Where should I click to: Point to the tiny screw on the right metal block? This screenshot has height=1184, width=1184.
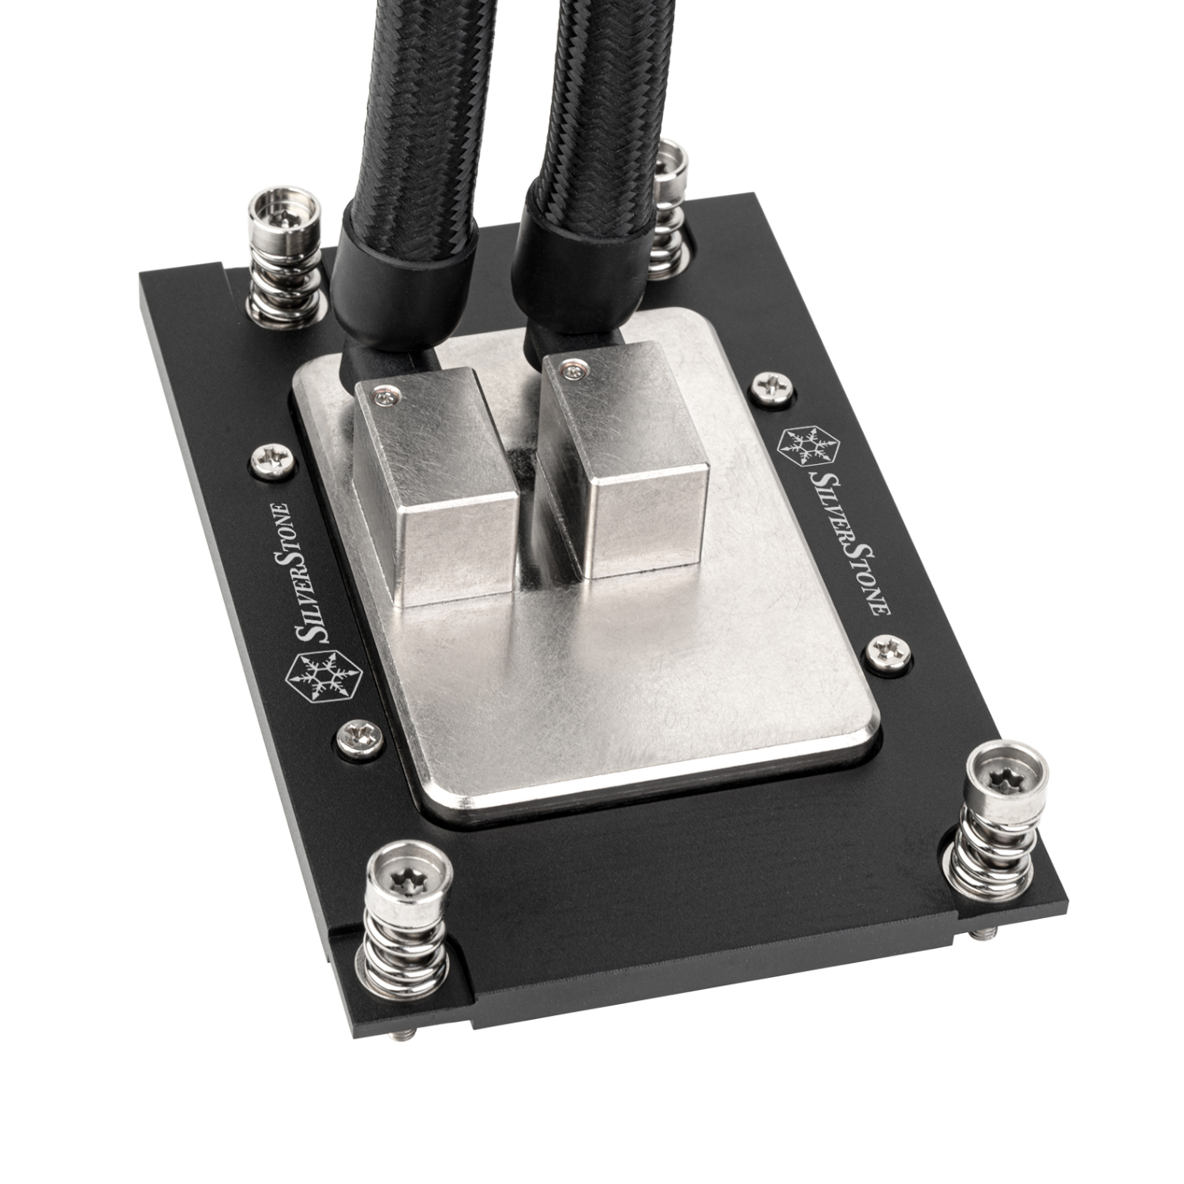point(574,369)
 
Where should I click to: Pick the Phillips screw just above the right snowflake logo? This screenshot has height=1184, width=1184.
point(770,385)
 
